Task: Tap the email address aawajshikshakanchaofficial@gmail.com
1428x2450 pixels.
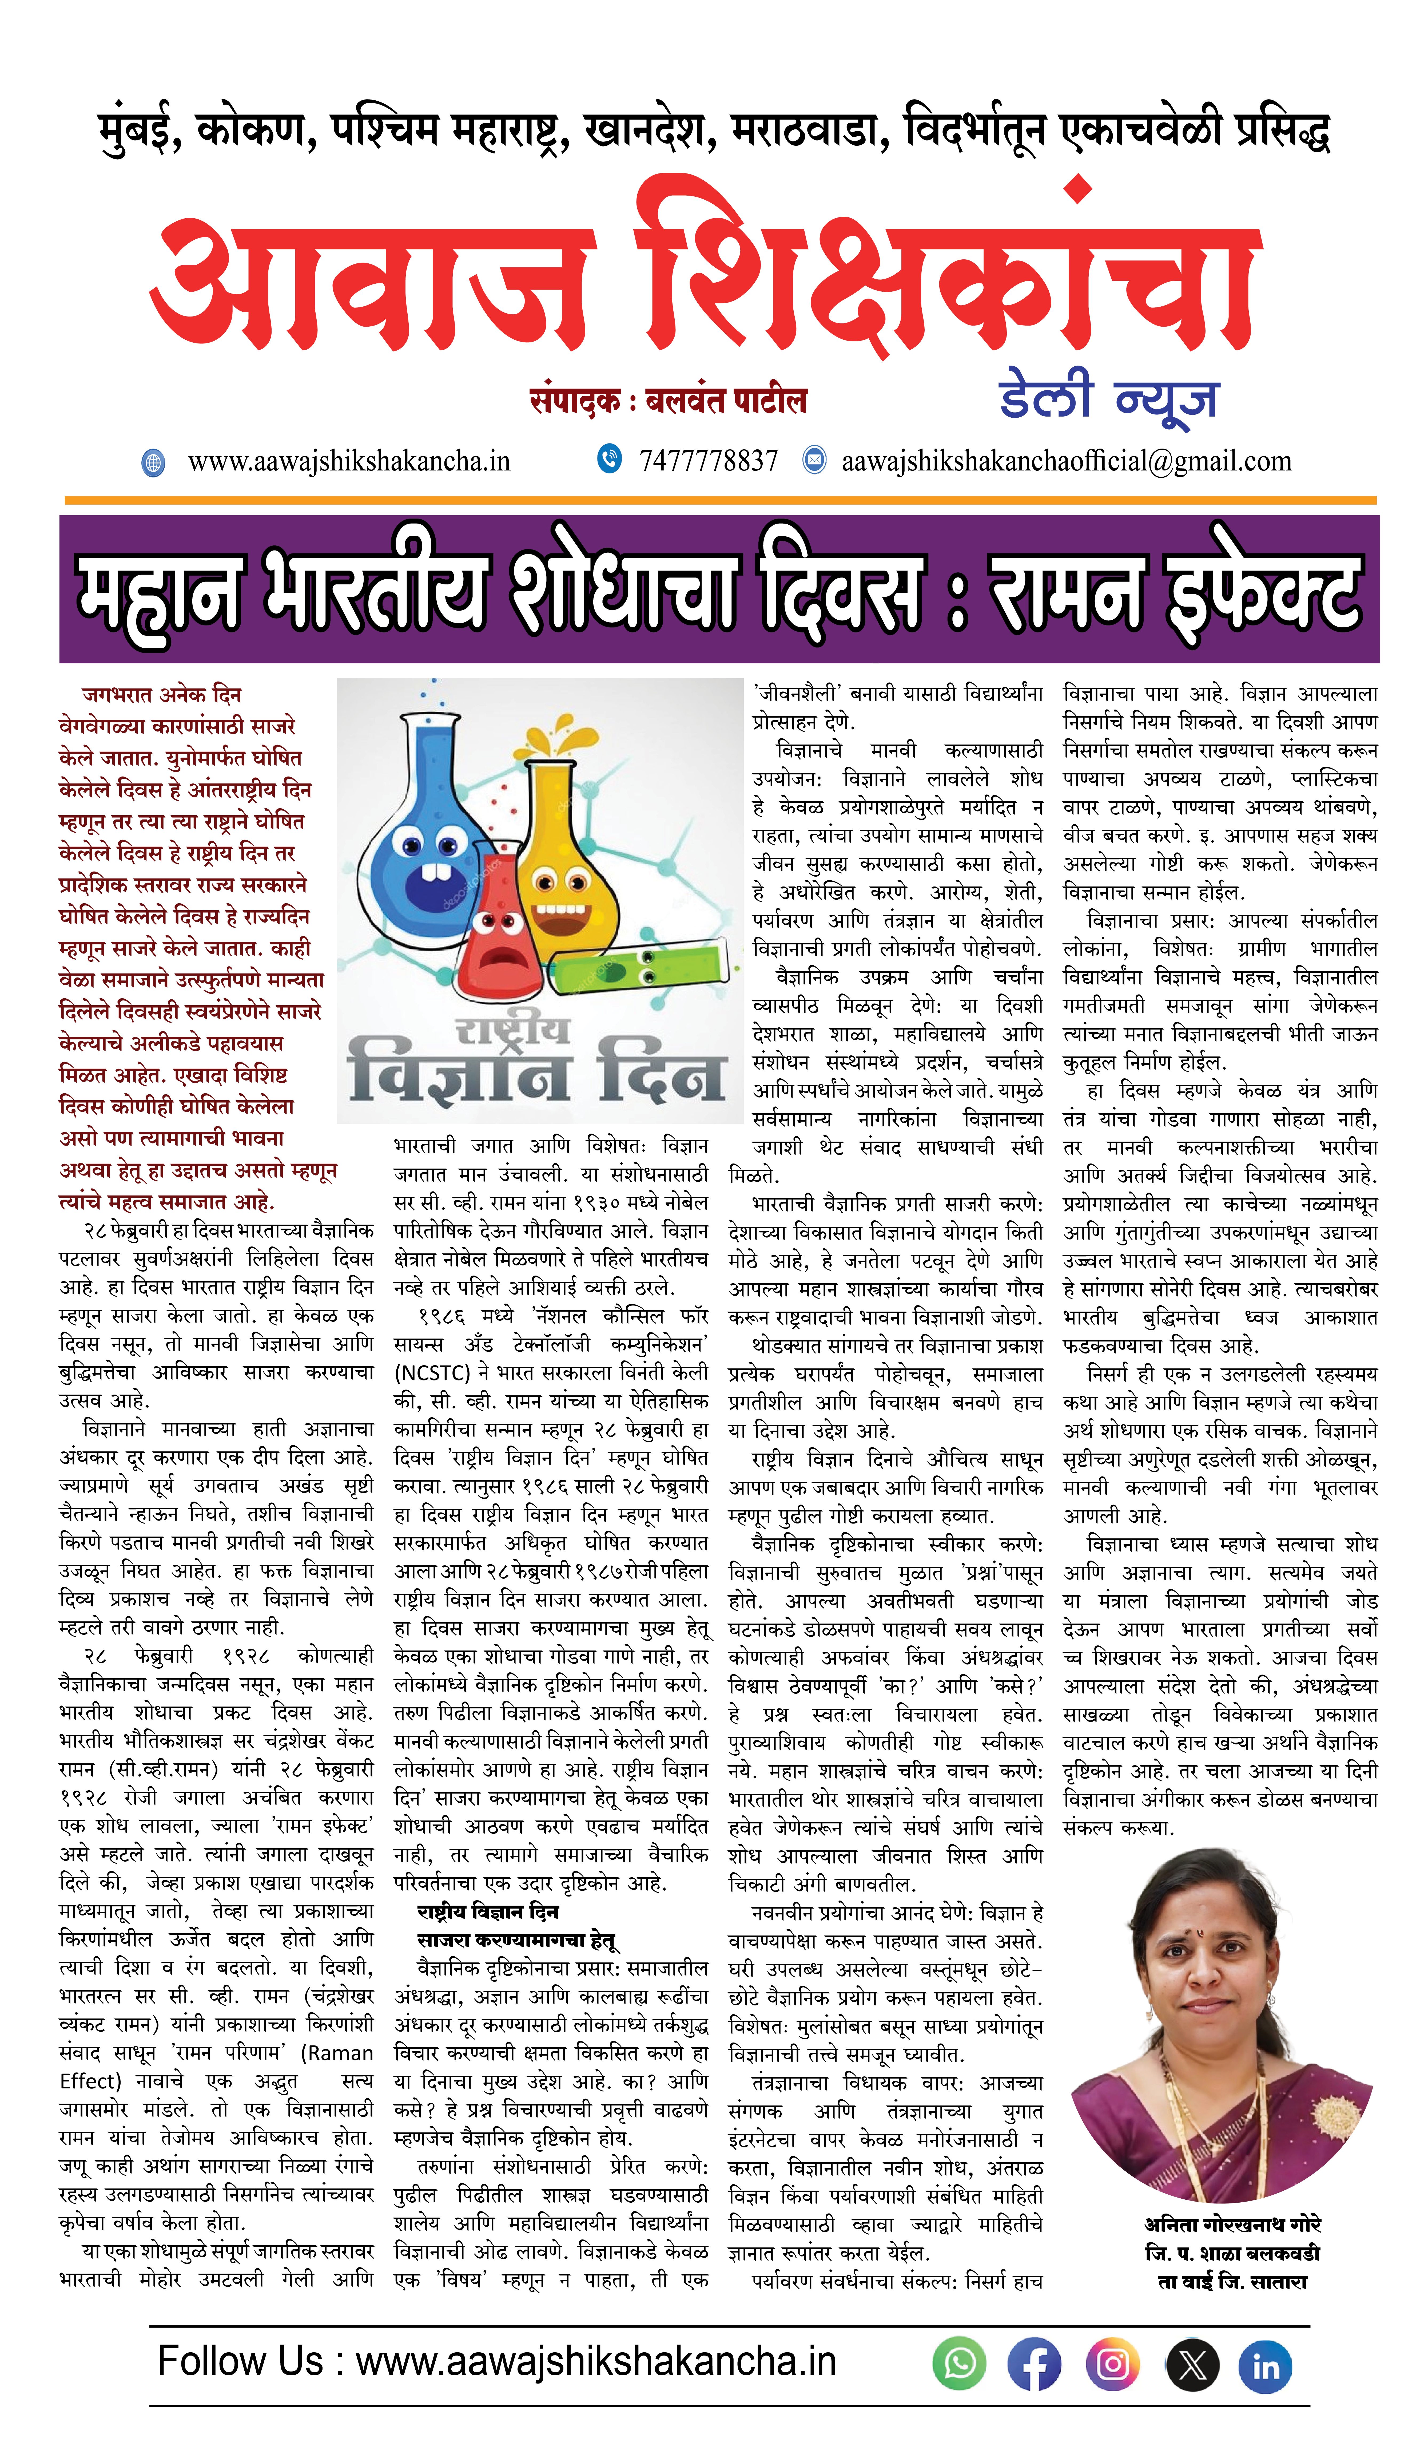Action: click(1066, 461)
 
